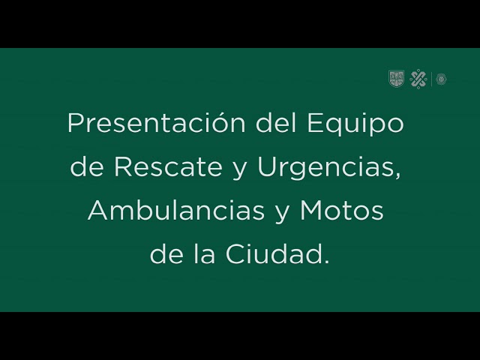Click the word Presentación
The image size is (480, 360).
[x=157, y=123]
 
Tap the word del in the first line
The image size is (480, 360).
[x=276, y=123]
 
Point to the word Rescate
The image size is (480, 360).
[x=168, y=166]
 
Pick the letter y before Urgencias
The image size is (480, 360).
[x=239, y=171]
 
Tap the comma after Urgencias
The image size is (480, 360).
[x=397, y=175]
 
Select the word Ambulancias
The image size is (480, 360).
[x=176, y=211]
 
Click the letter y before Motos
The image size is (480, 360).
[x=282, y=215]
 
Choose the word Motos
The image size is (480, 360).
[x=341, y=211]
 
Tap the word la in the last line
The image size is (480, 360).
[x=204, y=254]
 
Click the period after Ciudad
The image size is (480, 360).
[x=326, y=262]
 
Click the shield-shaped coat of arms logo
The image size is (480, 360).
[x=396, y=79]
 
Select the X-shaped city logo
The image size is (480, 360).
[x=418, y=79]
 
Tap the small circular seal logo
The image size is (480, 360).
[x=442, y=79]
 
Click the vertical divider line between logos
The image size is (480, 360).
[x=432, y=79]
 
